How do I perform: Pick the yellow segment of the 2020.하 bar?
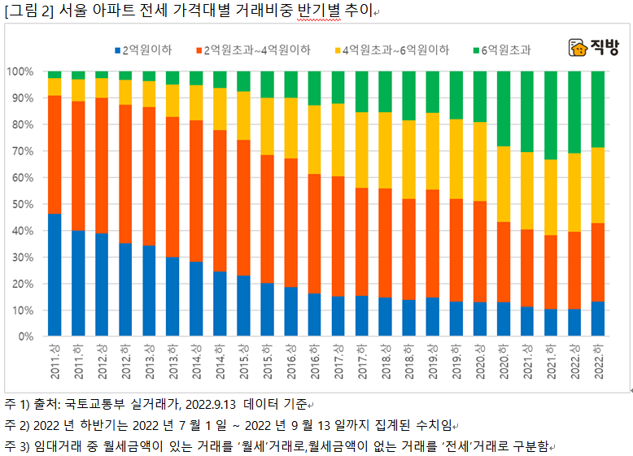pyautogui.click(x=504, y=184)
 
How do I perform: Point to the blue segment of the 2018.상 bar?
pyautogui.click(x=386, y=316)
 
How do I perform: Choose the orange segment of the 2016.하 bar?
pyautogui.click(x=314, y=235)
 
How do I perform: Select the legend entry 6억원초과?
pyautogui.click(x=505, y=50)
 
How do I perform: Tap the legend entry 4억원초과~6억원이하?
pyautogui.click(x=395, y=50)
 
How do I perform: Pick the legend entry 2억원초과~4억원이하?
pyautogui.click(x=256, y=50)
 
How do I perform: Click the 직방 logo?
pyautogui.click(x=593, y=47)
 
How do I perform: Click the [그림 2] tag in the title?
pyautogui.click(x=29, y=11)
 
